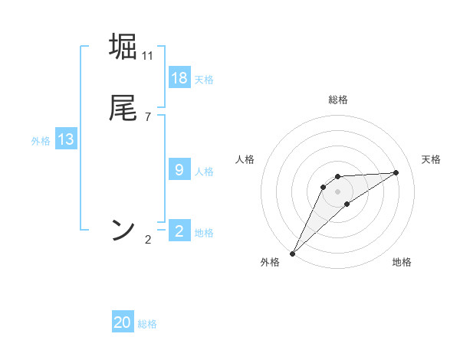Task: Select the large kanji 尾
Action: point(123,107)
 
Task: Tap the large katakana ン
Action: point(123,229)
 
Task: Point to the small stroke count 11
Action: point(148,56)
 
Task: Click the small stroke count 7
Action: point(148,117)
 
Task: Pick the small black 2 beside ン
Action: point(148,240)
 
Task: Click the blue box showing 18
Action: point(179,78)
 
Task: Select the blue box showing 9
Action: point(179,170)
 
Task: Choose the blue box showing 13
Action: point(66,139)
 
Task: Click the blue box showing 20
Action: point(123,322)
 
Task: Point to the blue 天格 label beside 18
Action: point(204,80)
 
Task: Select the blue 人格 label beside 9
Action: point(204,172)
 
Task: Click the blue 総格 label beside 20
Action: point(147,324)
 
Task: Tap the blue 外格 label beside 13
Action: point(41,141)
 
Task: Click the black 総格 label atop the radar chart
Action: point(338,100)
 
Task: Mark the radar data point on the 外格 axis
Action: point(292,254)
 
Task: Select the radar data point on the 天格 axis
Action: point(396,172)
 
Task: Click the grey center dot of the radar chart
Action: point(338,191)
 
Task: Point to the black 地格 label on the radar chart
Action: point(402,263)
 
